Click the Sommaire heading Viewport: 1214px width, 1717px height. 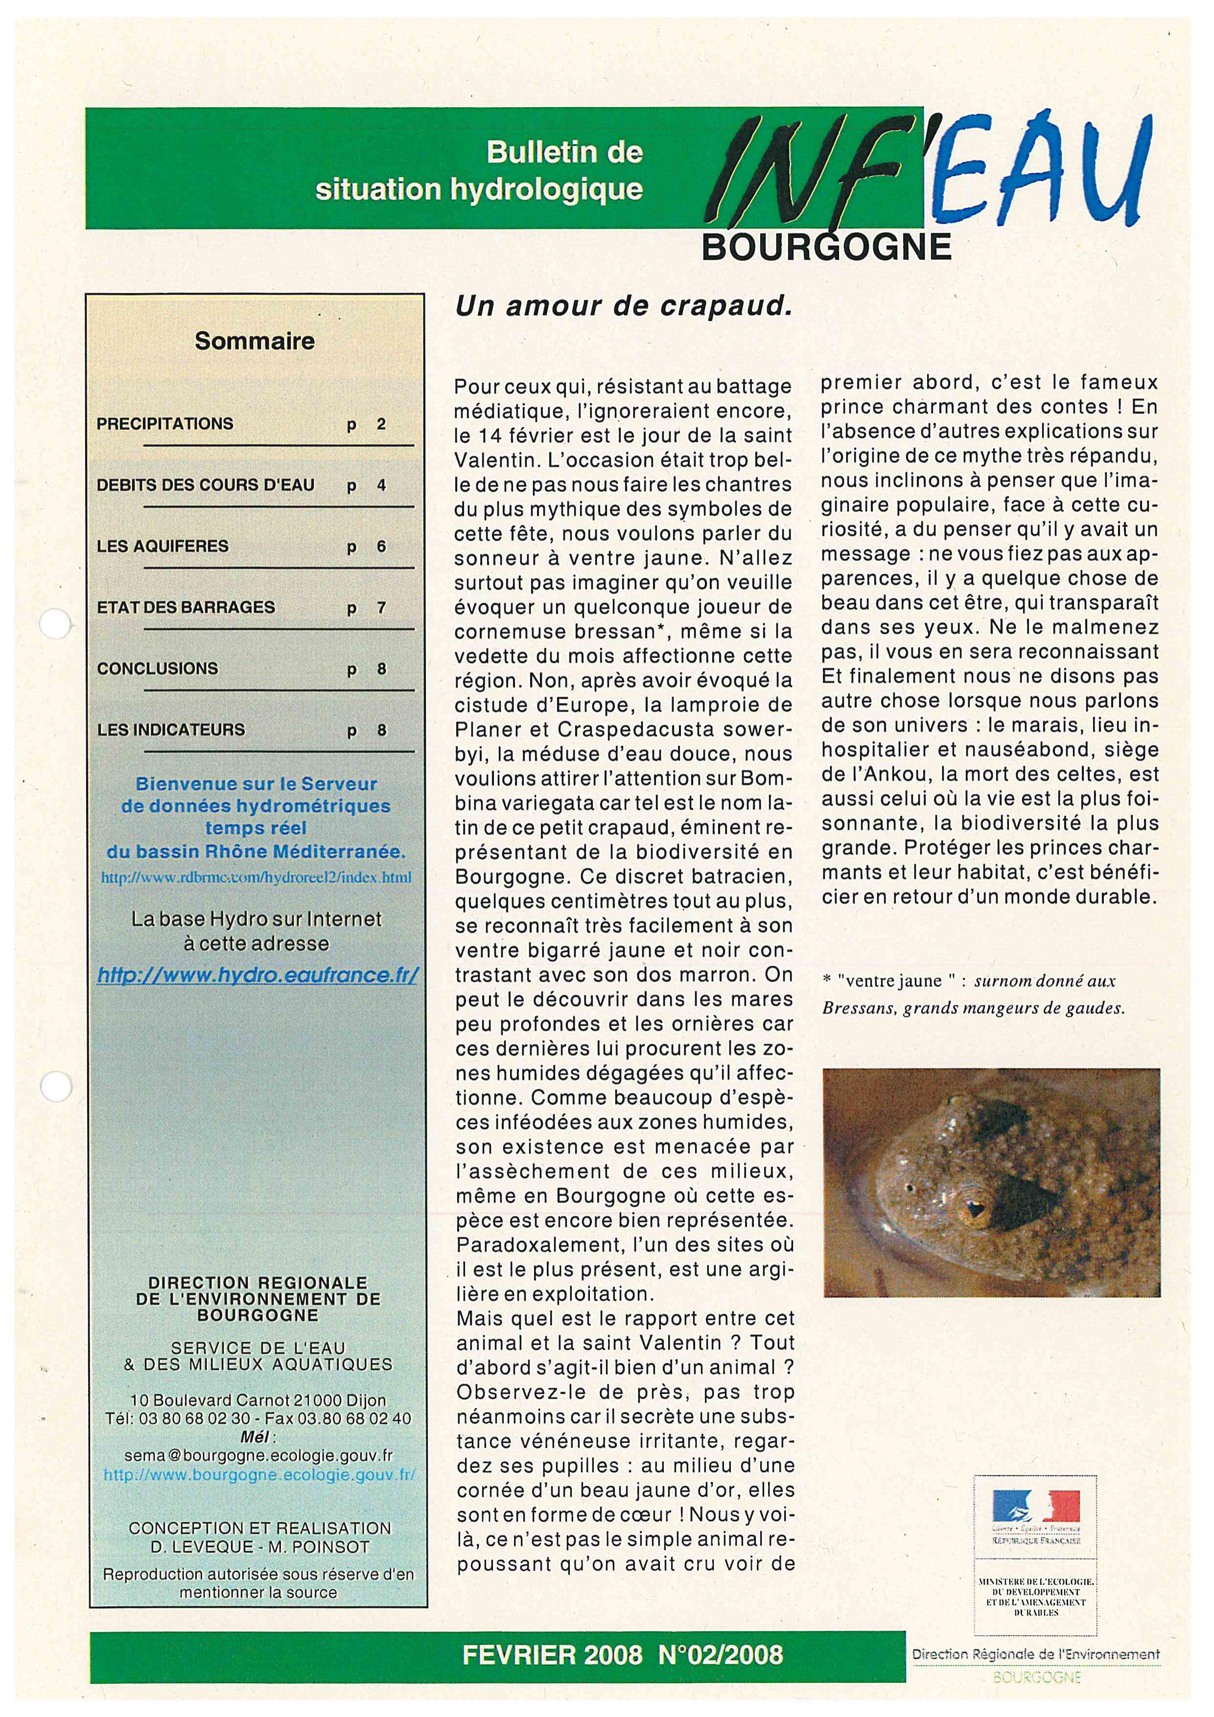(255, 341)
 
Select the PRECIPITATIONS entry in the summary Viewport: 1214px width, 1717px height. (165, 424)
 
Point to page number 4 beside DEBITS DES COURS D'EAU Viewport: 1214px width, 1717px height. (381, 485)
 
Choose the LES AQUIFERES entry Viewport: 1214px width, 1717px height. (163, 547)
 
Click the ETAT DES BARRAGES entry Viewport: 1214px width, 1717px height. (186, 608)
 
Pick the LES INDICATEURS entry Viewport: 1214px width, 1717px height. (171, 730)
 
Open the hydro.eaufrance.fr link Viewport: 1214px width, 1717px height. (258, 975)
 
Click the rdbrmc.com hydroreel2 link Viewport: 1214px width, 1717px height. (257, 877)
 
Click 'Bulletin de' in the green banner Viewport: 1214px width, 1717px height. (564, 153)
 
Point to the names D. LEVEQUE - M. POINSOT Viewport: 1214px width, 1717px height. (258, 1547)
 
